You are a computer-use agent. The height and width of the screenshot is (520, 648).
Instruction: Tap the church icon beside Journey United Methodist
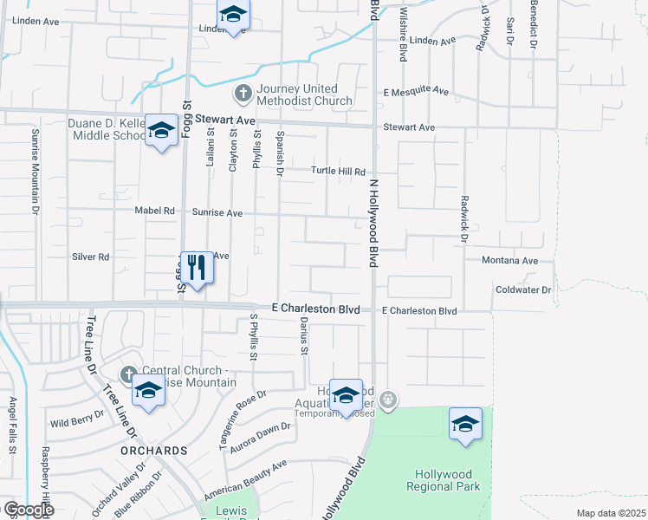click(243, 93)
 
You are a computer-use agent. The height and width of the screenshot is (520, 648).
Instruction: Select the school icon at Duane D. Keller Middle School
click(160, 130)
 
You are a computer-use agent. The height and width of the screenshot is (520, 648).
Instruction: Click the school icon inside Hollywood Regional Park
click(465, 424)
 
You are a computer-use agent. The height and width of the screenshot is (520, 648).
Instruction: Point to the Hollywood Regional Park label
click(444, 480)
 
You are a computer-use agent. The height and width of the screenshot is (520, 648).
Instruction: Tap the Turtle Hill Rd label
click(339, 172)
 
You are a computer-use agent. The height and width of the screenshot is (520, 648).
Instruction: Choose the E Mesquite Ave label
click(416, 91)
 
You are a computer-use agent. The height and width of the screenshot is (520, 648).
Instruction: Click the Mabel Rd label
click(155, 211)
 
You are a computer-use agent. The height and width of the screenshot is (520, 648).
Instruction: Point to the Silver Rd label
click(90, 257)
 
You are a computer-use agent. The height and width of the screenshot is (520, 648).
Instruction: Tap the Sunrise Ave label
click(217, 211)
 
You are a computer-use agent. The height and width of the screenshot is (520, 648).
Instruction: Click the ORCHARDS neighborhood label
click(153, 451)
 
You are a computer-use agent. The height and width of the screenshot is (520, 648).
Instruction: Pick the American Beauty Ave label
click(245, 479)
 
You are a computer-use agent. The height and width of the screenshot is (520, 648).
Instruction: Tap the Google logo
click(28, 510)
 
